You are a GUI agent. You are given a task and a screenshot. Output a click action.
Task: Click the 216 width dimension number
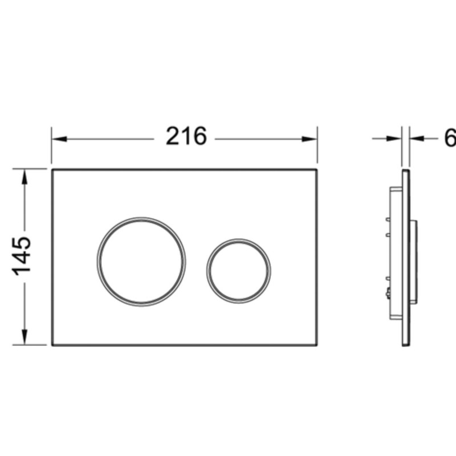click(186, 136)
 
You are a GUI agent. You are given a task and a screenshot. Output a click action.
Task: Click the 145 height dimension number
click(22, 256)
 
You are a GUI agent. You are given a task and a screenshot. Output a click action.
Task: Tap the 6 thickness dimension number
click(450, 138)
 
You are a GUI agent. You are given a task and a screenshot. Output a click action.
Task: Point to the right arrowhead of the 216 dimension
click(310, 139)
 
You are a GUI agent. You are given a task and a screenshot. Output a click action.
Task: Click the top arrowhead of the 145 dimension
click(25, 177)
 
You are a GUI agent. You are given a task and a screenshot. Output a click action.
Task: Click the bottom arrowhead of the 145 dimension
click(25, 337)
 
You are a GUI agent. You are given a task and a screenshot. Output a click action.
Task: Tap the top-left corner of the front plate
click(52, 169)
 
